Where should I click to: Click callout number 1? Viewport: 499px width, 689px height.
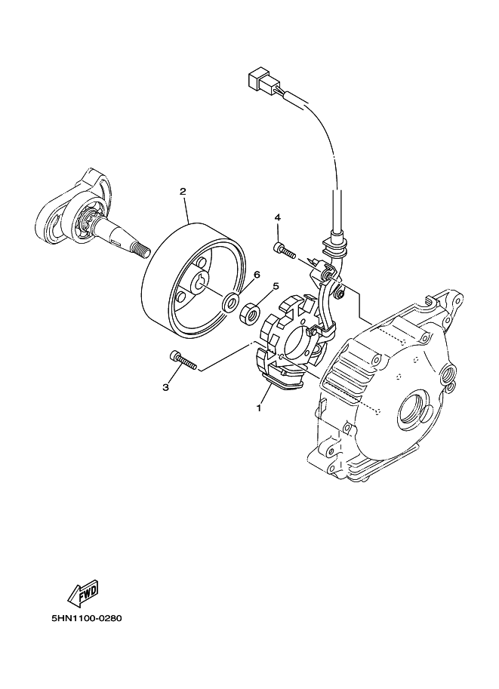coord(258,408)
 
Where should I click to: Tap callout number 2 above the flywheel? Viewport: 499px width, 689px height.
coord(183,191)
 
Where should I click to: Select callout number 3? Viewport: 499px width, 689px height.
coord(165,387)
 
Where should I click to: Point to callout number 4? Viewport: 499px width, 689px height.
coord(277,217)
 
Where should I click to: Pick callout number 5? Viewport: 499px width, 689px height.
coord(276,286)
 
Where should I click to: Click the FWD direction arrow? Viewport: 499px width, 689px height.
coord(83,593)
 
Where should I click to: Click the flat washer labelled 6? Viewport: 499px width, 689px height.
coord(229,303)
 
